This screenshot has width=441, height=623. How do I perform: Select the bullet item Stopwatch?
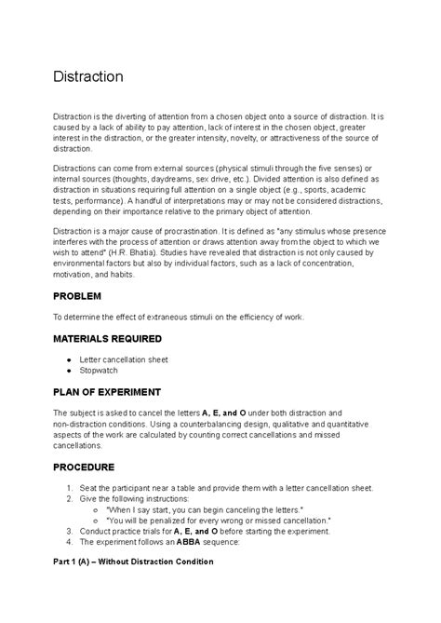(112, 370)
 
